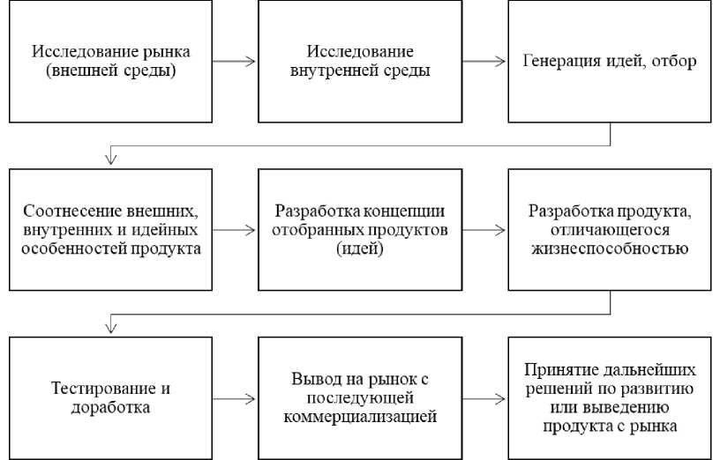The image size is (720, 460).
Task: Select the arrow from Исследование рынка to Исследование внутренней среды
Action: pyautogui.click(x=233, y=61)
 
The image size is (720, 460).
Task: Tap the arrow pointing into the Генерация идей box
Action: pyautogui.click(x=484, y=61)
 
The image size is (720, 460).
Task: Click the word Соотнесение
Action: pyautogui.click(x=72, y=211)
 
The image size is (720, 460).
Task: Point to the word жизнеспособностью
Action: pyautogui.click(x=610, y=249)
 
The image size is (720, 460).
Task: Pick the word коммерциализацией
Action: pyautogui.click(x=360, y=417)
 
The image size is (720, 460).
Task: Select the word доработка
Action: pyautogui.click(x=110, y=408)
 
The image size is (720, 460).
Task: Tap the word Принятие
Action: pyautogui.click(x=559, y=370)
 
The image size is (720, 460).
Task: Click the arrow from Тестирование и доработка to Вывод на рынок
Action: pyautogui.click(x=233, y=399)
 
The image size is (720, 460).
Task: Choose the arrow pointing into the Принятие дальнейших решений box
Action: pyautogui.click(x=484, y=399)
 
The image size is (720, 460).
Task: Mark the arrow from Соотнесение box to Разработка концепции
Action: pyautogui.click(x=233, y=230)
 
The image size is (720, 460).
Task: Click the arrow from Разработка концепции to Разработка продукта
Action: pyautogui.click(x=484, y=230)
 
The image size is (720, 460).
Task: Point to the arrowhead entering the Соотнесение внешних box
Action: pyautogui.click(x=110, y=160)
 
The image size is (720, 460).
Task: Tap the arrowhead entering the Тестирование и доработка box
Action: pyautogui.click(x=110, y=328)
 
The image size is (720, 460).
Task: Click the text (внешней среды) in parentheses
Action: pyautogui.click(x=110, y=70)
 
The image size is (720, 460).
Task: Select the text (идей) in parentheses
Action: pyautogui.click(x=360, y=249)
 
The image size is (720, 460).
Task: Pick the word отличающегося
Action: pyautogui.click(x=610, y=230)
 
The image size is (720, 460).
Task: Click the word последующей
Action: pyautogui.click(x=360, y=398)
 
